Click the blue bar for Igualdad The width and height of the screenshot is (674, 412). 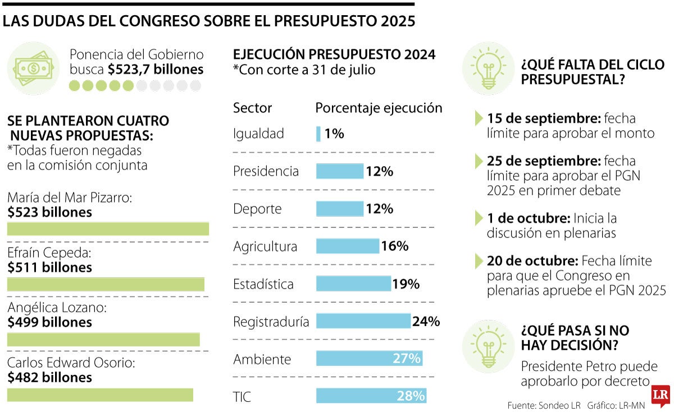[318, 134]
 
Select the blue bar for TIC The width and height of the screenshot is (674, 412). [371, 396]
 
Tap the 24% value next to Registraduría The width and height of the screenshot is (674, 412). [426, 322]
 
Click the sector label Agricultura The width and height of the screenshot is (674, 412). [265, 246]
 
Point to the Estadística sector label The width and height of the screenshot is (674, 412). [263, 284]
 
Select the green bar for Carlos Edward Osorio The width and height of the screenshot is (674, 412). [100, 395]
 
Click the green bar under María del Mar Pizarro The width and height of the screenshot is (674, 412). [108, 228]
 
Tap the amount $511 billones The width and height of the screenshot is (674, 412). [50, 268]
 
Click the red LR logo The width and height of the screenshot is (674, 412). [660, 396]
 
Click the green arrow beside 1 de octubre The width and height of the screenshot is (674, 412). [479, 218]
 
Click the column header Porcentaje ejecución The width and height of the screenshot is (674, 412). [379, 108]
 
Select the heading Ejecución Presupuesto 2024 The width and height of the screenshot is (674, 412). [334, 54]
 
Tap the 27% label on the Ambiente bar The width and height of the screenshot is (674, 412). [407, 359]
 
